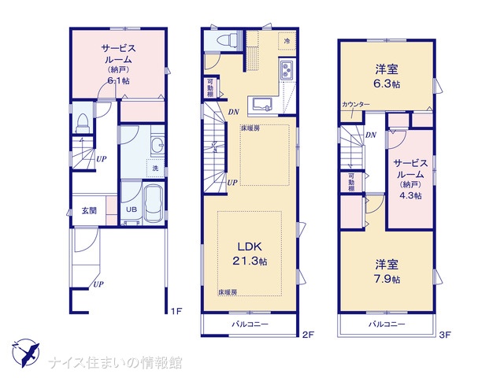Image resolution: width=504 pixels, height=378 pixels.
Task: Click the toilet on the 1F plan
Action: pos(82,123)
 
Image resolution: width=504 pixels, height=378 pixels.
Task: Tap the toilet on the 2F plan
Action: pos(227,41)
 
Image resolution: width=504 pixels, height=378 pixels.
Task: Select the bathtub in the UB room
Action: pos(154,203)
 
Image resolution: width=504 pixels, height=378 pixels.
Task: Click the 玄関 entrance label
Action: pos(89,211)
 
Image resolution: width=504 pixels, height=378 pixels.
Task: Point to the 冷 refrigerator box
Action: pos(287,41)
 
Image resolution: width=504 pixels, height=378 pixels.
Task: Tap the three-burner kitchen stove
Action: pos(286,70)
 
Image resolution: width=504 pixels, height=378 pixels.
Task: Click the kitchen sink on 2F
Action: pos(262,104)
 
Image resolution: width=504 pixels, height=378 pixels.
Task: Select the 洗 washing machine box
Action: pos(155,168)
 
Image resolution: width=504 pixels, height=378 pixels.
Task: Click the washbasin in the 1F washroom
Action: pos(157,144)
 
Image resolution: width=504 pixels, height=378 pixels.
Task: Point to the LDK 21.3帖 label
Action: pos(250,254)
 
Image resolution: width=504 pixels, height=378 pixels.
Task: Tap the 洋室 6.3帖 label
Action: pos(387,76)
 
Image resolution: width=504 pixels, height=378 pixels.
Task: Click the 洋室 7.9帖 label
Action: pos(387,272)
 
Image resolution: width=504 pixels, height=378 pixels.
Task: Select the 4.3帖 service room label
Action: pos(410,195)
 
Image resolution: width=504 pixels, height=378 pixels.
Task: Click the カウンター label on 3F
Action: pos(356,105)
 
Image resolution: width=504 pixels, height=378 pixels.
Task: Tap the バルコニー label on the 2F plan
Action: pos(250,324)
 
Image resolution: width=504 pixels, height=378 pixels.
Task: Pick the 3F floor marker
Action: pos(445,335)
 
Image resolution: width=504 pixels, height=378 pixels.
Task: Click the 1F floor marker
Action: pos(176,311)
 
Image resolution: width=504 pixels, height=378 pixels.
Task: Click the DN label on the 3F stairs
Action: pos(371,135)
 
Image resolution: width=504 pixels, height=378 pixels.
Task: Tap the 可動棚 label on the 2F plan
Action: pos(210,87)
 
